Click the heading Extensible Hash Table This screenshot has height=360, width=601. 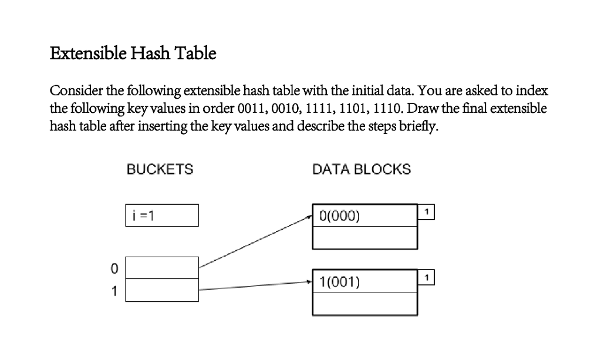click(133, 54)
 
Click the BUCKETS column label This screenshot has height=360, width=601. click(160, 170)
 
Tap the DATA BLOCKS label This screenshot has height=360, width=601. click(362, 170)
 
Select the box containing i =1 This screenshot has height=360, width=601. click(162, 215)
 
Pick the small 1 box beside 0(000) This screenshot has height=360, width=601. click(428, 211)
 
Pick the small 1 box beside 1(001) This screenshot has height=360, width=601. click(428, 277)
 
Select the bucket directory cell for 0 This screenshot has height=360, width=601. click(162, 268)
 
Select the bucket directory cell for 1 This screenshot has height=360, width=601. click(162, 290)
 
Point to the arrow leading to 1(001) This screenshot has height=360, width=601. click(255, 286)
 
